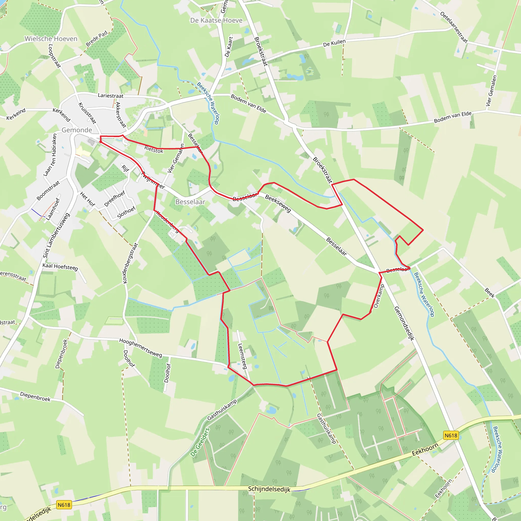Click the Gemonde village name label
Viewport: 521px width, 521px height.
[77, 130]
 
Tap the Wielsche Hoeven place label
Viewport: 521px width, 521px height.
[51, 39]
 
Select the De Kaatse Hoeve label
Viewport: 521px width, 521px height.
[216, 21]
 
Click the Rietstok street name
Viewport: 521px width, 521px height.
[154, 149]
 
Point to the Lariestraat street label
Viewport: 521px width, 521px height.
[111, 96]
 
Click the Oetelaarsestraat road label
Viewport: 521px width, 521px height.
[454, 27]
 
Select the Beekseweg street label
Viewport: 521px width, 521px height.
[278, 204]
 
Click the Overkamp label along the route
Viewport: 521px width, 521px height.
[379, 296]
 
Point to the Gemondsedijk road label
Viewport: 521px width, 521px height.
[404, 324]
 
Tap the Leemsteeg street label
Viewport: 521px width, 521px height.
[242, 356]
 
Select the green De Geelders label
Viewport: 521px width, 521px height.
[200, 442]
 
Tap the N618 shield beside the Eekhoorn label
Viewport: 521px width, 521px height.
[451, 436]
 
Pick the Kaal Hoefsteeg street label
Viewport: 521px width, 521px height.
[60, 267]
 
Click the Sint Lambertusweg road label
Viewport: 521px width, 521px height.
[56, 235]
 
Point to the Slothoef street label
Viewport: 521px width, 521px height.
[126, 213]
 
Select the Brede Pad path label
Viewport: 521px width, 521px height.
[96, 39]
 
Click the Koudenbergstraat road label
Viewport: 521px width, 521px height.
[130, 264]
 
